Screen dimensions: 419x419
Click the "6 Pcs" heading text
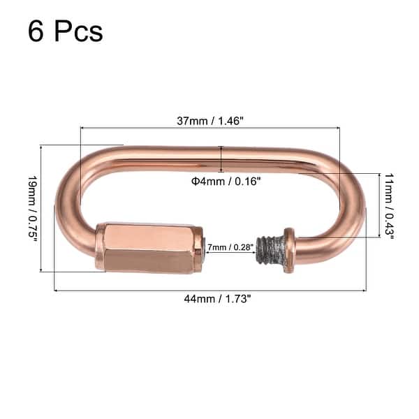(66, 31)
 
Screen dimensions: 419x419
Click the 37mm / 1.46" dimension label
(209, 120)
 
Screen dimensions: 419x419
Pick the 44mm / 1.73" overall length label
(209, 299)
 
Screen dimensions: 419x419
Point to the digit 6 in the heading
(36, 31)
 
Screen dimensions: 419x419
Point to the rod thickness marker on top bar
(221, 159)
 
